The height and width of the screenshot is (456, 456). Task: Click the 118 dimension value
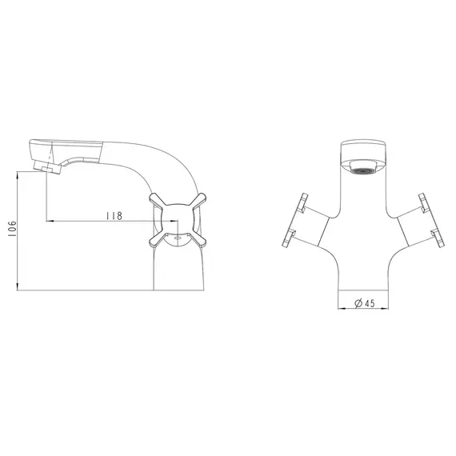(x=114, y=216)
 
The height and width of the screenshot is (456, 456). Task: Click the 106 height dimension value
(x=12, y=229)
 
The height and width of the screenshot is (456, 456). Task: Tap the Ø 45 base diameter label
(x=365, y=303)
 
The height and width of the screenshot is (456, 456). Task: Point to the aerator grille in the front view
(x=362, y=171)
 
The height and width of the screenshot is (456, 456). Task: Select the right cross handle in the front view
(x=431, y=220)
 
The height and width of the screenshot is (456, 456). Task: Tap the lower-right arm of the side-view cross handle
(x=197, y=240)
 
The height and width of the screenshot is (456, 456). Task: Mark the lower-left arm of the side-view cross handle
(x=158, y=240)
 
